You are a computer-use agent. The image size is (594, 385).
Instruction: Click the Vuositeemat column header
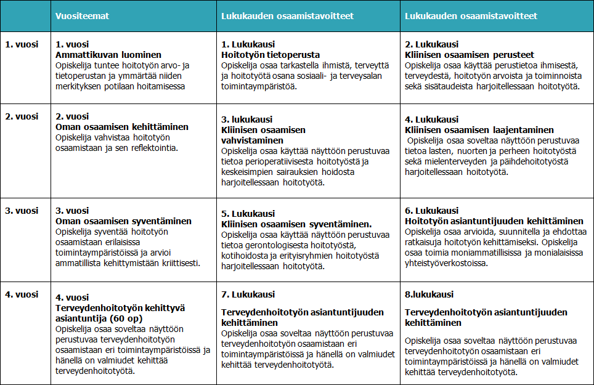click(x=82, y=16)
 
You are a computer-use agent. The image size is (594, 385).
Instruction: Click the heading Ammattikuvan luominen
click(x=108, y=54)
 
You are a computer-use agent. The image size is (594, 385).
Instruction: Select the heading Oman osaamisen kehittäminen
click(x=122, y=127)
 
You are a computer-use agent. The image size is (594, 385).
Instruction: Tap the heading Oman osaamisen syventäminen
click(x=123, y=221)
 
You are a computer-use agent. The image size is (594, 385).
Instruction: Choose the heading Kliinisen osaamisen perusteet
click(x=470, y=54)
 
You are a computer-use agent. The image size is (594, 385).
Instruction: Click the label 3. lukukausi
click(x=246, y=120)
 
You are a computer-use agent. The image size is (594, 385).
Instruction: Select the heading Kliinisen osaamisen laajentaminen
click(x=479, y=130)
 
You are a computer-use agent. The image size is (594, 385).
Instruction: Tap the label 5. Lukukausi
click(x=248, y=214)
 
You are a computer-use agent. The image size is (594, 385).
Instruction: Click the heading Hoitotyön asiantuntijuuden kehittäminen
click(x=494, y=221)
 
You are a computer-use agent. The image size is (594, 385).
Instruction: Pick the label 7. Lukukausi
click(x=248, y=294)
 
